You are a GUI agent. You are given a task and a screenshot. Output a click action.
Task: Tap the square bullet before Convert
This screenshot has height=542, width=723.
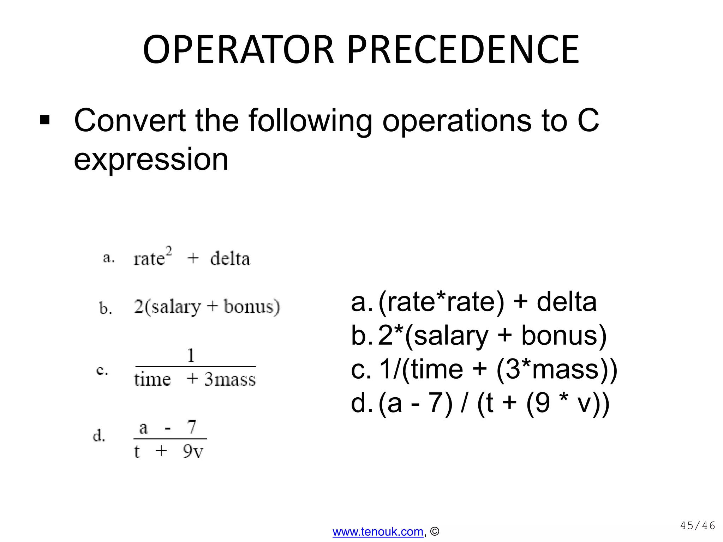pyautogui.click(x=45, y=120)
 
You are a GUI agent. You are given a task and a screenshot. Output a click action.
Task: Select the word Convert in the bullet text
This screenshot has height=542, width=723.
pyautogui.click(x=130, y=121)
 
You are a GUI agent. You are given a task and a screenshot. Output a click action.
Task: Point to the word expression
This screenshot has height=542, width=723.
pyautogui.click(x=151, y=159)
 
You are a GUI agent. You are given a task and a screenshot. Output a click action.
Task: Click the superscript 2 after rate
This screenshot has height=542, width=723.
pyautogui.click(x=169, y=251)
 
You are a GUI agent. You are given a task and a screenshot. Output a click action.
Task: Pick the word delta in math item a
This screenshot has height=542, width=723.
pyautogui.click(x=230, y=259)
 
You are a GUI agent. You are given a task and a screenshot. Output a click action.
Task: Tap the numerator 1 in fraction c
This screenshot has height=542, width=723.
pyautogui.click(x=191, y=355)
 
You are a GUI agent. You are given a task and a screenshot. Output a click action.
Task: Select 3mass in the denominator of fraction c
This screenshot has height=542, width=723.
pyautogui.click(x=230, y=379)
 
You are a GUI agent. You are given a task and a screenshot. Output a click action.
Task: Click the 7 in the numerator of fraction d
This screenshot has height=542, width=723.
pyautogui.click(x=192, y=427)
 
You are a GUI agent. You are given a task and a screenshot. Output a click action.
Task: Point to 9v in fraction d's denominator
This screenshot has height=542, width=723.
pyautogui.click(x=193, y=451)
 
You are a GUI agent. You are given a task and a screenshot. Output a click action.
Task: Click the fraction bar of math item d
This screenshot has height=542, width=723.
pyautogui.click(x=170, y=439)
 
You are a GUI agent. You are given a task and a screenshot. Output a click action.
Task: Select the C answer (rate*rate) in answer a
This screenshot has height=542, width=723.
pyautogui.click(x=441, y=302)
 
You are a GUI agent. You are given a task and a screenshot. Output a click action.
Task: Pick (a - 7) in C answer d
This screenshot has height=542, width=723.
pyautogui.click(x=415, y=403)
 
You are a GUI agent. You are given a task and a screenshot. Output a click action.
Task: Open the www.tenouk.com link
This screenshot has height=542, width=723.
pyautogui.click(x=378, y=531)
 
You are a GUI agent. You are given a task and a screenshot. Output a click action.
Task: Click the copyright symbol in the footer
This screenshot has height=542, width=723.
pyautogui.click(x=435, y=531)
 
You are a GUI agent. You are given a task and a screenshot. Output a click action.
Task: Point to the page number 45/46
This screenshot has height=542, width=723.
pyautogui.click(x=697, y=526)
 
